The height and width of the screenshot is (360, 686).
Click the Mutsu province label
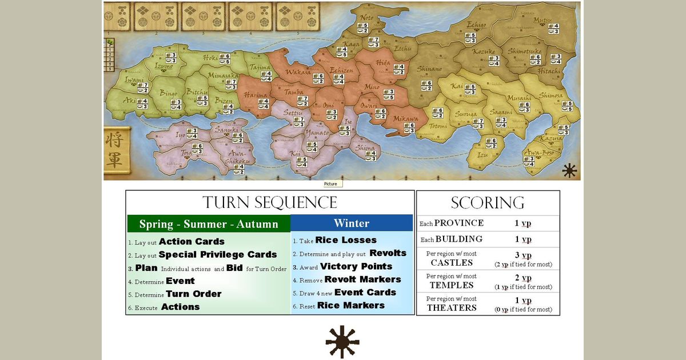[x=543, y=21]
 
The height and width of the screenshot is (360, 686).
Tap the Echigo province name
[x=476, y=25]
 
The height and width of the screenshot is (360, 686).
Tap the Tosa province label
[x=187, y=153]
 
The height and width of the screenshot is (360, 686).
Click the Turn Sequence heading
[x=270, y=202]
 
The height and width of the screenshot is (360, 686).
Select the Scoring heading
[x=488, y=202]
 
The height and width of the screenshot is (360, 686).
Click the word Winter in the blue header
[x=352, y=223]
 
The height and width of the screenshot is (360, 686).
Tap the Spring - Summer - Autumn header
[x=209, y=223]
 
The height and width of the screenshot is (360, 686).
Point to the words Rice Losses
[x=346, y=240]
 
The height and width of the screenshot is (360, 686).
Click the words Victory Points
[x=356, y=266]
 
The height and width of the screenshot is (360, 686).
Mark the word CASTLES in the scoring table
[x=452, y=263]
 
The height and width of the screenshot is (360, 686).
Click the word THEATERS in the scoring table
[x=452, y=307]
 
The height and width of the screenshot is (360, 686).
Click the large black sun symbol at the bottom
[x=342, y=342]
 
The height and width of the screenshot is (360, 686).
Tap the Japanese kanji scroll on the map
[x=115, y=150]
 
